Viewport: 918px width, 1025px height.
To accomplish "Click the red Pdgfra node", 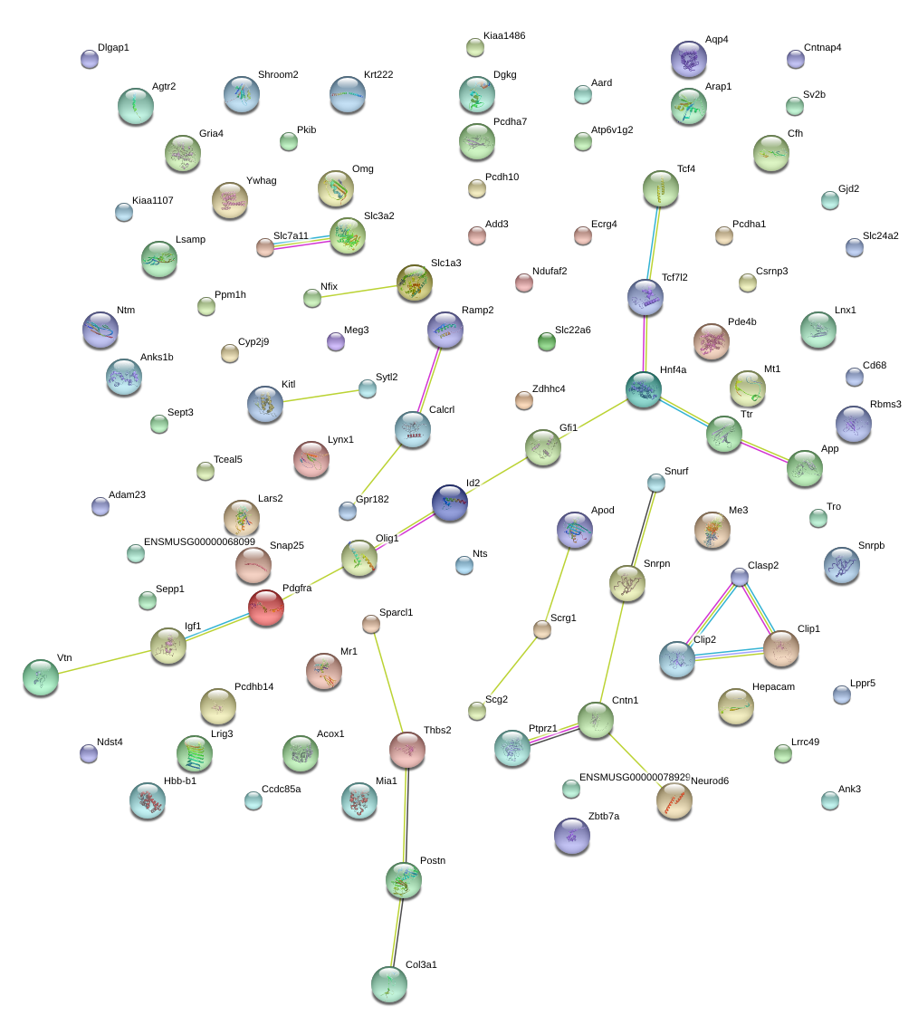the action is coord(266,608).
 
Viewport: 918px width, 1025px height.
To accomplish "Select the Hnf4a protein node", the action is coord(644,389).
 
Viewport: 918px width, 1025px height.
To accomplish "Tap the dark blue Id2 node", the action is coord(450,503).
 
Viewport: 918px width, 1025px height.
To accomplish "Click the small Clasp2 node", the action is coord(739,577).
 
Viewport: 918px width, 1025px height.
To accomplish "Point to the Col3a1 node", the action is coord(389,984).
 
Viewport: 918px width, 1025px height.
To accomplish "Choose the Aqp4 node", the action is coord(689,59).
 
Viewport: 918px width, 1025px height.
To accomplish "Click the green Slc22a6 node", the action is coord(547,341).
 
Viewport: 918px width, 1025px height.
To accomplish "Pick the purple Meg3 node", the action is coord(336,341).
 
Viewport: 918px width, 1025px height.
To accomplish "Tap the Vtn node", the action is coord(41,677).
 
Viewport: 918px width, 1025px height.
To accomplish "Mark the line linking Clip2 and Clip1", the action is coord(729,655).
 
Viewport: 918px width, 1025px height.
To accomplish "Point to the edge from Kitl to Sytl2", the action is coord(320,396).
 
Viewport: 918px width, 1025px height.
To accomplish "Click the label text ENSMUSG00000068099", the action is coord(199,541).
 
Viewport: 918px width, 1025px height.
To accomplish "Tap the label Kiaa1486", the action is coord(504,36).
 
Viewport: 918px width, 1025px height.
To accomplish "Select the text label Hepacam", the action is coord(774,687).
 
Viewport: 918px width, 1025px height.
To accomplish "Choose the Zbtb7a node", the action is coord(571,836).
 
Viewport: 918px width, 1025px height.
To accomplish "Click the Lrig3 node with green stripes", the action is coord(194,753).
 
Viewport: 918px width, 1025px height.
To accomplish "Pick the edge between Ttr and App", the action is coord(764,452).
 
